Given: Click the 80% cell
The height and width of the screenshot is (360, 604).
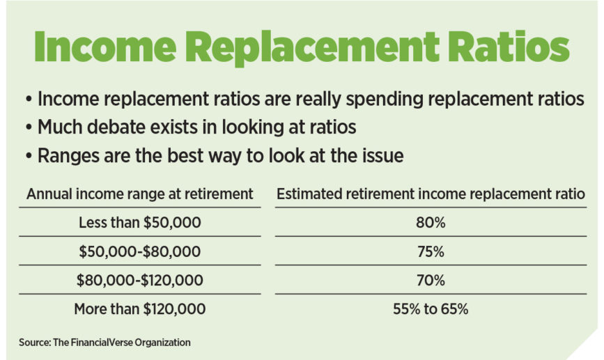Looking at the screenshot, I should click(x=430, y=224).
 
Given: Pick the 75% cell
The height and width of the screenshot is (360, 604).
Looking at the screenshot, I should click(x=430, y=252).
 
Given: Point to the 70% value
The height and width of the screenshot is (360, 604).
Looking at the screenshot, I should click(x=430, y=281).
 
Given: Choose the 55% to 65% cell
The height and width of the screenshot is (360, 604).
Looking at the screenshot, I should click(x=430, y=309).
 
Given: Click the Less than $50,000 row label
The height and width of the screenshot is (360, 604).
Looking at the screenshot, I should click(x=139, y=224).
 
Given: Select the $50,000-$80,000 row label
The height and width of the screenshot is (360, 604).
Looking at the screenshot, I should click(x=139, y=252).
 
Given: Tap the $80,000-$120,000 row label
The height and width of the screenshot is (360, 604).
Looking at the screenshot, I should click(x=139, y=281).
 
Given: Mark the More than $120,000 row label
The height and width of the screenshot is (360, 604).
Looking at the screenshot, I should click(x=139, y=309).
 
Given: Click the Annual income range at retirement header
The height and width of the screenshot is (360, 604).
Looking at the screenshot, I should click(x=139, y=194).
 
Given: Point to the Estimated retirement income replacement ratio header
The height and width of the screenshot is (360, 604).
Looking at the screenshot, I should click(x=431, y=194).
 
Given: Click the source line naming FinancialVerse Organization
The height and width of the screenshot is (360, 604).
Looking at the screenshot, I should click(x=104, y=343).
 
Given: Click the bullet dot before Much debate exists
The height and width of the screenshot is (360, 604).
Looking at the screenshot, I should click(x=29, y=128).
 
